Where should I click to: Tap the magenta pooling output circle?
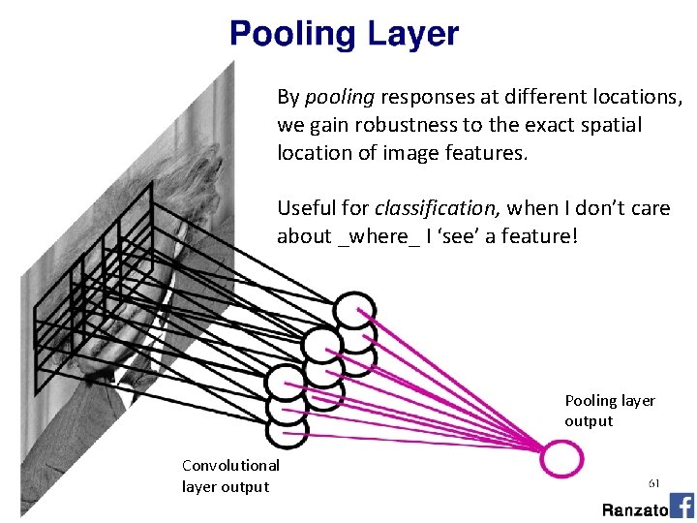click(561, 457)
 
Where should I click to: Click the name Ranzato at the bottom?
click(634, 509)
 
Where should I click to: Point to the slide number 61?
click(654, 481)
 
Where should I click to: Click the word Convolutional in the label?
click(230, 466)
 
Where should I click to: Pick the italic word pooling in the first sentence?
click(340, 98)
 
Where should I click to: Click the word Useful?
click(302, 208)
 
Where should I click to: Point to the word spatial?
click(612, 126)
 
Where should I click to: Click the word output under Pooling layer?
click(589, 421)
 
